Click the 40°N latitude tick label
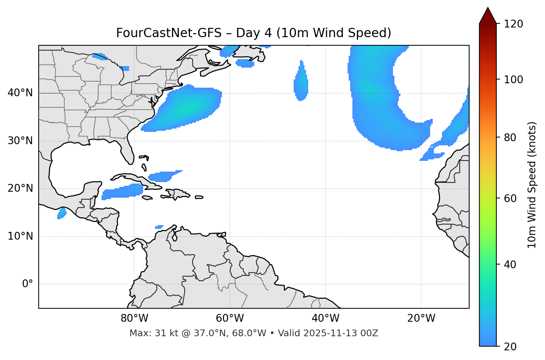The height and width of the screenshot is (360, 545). [20, 93]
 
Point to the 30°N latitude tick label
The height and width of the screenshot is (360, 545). [20, 141]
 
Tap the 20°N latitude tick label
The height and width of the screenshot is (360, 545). [20, 188]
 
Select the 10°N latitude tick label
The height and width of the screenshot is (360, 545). [20, 236]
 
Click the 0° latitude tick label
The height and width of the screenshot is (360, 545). [28, 284]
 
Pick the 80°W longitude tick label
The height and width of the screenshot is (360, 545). [134, 318]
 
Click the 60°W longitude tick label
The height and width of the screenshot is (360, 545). [230, 318]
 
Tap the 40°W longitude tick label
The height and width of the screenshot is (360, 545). [325, 318]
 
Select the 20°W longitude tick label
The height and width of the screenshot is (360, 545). [421, 318]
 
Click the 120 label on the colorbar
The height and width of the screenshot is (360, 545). [513, 24]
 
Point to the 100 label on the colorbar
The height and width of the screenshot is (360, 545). [513, 80]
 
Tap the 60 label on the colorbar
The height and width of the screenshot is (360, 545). [510, 198]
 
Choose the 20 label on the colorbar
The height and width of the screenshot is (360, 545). [510, 346]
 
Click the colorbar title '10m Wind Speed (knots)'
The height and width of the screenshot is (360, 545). [532, 185]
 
